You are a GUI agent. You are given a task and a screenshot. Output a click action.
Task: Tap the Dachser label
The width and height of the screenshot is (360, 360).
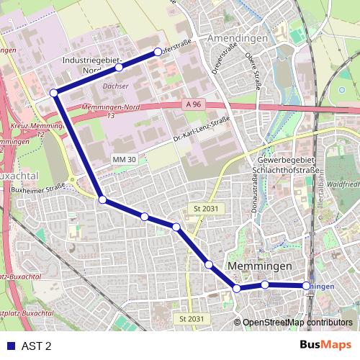115,84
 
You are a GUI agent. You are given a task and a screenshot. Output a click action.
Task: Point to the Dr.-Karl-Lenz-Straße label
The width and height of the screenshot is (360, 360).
201,129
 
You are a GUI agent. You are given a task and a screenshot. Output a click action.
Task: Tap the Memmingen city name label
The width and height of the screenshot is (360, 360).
259,266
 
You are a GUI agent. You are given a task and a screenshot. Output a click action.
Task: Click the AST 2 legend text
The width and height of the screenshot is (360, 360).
37,346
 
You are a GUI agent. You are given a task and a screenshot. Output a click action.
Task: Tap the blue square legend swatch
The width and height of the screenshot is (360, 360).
10,346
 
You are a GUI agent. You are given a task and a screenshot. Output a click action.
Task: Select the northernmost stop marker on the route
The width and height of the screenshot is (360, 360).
158,52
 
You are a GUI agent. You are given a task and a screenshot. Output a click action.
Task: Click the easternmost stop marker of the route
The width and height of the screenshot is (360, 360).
307,286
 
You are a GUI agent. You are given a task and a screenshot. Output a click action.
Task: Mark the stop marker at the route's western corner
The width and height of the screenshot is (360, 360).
54,92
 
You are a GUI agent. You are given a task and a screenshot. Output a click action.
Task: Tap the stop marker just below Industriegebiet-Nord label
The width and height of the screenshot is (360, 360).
119,68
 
